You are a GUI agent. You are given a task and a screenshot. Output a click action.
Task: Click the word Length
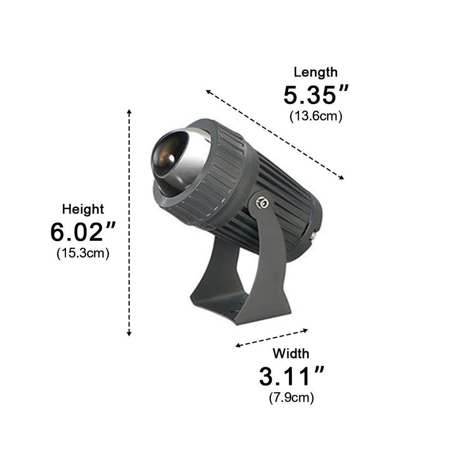tap(315, 72)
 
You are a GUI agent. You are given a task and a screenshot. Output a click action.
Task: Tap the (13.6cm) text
tap(316, 116)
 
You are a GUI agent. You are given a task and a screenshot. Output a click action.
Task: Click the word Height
tap(83, 209)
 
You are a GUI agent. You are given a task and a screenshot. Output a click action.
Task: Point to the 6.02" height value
tap(83, 232)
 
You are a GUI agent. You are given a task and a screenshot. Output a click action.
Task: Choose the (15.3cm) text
tap(83, 253)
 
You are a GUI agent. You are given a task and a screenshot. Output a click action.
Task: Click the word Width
tap(291, 353)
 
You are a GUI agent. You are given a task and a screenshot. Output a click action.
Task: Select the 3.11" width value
tap(291, 376)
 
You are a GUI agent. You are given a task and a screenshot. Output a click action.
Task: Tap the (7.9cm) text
tap(291, 398)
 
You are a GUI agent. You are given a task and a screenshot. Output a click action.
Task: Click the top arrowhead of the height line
tap(130, 111)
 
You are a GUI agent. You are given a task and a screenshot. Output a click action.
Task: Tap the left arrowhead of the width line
tap(238, 346)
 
